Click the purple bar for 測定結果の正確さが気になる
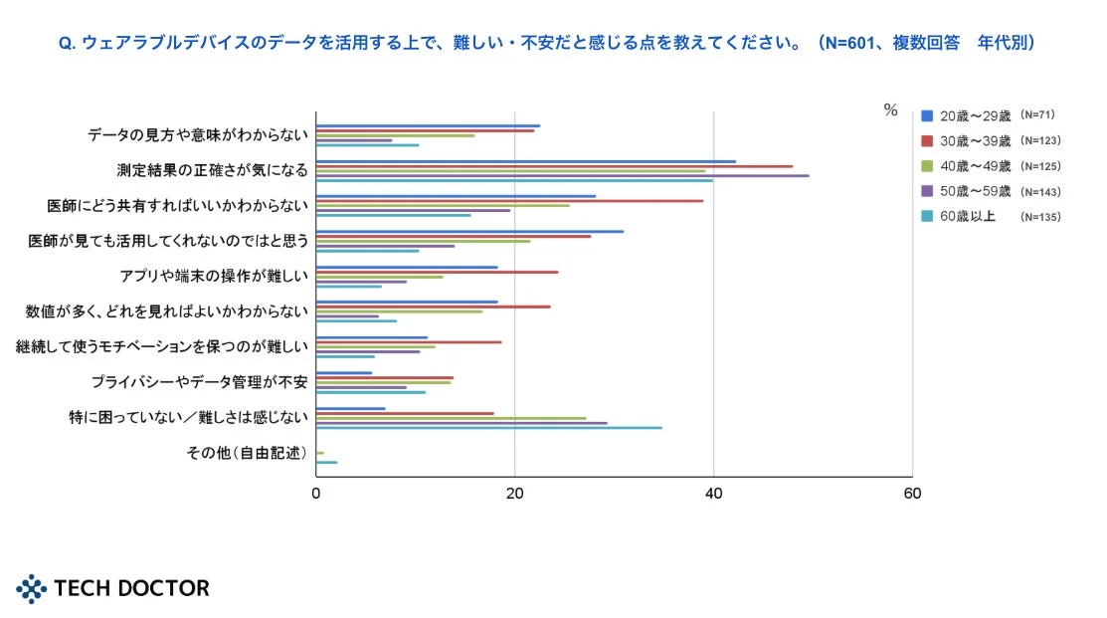tap(562, 176)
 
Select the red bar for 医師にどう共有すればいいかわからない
tap(509, 201)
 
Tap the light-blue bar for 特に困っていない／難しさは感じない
tap(488, 428)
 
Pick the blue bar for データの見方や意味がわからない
tap(428, 126)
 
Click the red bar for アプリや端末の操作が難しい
tap(437, 272)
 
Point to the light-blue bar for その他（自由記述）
tap(326, 463)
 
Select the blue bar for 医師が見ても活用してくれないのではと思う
tap(469, 232)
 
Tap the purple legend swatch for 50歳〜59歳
tap(927, 191)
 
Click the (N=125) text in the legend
tap(1040, 165)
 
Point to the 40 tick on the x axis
tap(713, 494)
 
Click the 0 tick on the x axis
tap(316, 494)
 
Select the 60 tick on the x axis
tap(911, 494)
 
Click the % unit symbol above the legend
tap(890, 110)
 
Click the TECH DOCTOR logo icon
tap(32, 588)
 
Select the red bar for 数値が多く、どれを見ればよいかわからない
tap(433, 307)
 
